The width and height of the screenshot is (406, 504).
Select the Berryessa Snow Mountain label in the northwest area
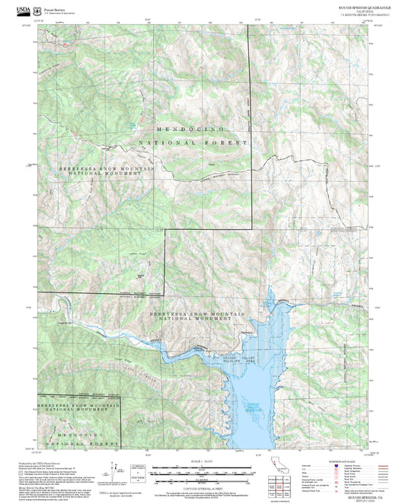(100, 171)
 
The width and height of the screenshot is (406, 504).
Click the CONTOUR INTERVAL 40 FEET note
(203, 485)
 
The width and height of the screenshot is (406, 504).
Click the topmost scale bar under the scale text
(203, 467)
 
